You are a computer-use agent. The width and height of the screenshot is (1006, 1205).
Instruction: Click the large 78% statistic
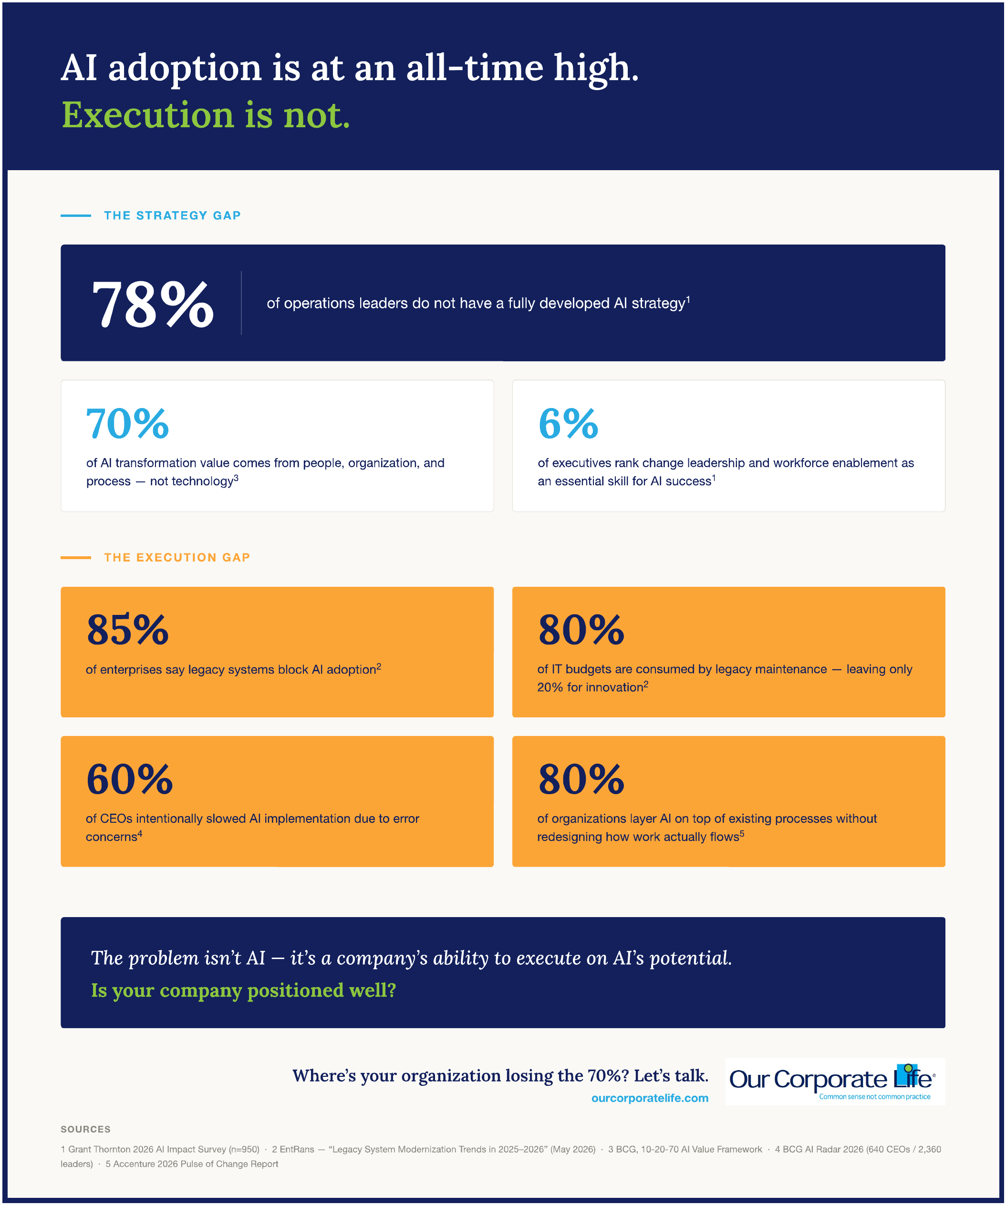(153, 304)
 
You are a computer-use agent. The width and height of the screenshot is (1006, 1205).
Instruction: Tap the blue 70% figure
(127, 424)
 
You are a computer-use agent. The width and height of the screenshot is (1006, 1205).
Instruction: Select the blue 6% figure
(569, 424)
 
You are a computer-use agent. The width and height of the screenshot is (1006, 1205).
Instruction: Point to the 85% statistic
(127, 630)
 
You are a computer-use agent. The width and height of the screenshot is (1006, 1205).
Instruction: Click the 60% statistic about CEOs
(129, 779)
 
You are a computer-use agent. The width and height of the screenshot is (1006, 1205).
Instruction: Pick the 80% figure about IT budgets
(581, 630)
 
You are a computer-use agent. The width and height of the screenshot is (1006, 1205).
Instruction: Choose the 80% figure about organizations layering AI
(581, 779)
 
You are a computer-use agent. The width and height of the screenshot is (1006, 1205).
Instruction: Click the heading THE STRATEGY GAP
(172, 216)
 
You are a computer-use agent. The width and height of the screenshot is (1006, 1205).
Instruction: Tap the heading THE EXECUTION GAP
(177, 558)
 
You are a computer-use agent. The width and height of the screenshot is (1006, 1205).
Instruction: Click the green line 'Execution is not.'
(206, 115)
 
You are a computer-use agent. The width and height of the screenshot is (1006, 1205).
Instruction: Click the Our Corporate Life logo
(835, 1082)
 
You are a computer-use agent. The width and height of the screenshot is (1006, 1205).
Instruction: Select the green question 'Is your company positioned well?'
(243, 991)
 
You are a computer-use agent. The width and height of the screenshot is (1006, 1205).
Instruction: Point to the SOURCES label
(85, 1129)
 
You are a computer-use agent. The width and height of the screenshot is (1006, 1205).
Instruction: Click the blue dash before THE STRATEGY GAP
(76, 216)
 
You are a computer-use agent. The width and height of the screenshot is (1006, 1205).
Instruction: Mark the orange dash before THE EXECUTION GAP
(76, 558)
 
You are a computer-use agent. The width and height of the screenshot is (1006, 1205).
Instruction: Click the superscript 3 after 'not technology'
(236, 478)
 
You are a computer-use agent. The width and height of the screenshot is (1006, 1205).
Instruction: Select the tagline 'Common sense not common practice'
(874, 1096)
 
